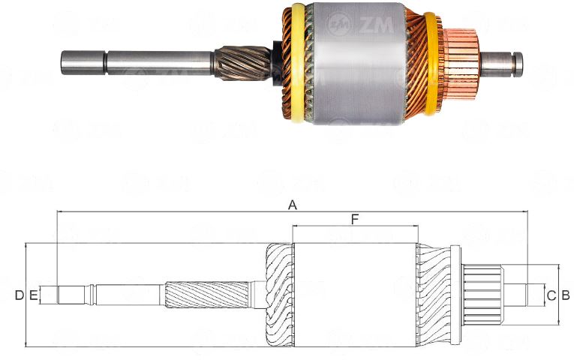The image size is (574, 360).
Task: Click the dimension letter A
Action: tap(293, 205)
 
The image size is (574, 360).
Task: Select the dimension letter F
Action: tap(355, 219)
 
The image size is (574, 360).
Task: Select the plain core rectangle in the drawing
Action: tap(354, 295)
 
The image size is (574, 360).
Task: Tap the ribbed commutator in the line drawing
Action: tap(483, 294)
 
